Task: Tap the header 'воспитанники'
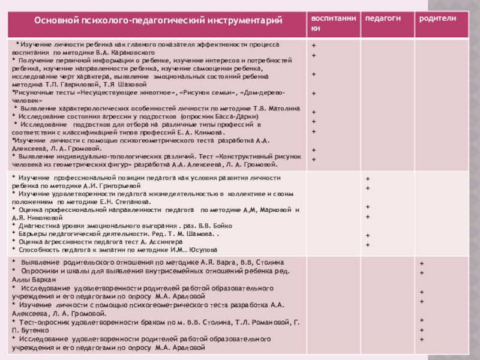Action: click(x=329, y=23)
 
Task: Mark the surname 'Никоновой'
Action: click(x=42, y=218)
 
